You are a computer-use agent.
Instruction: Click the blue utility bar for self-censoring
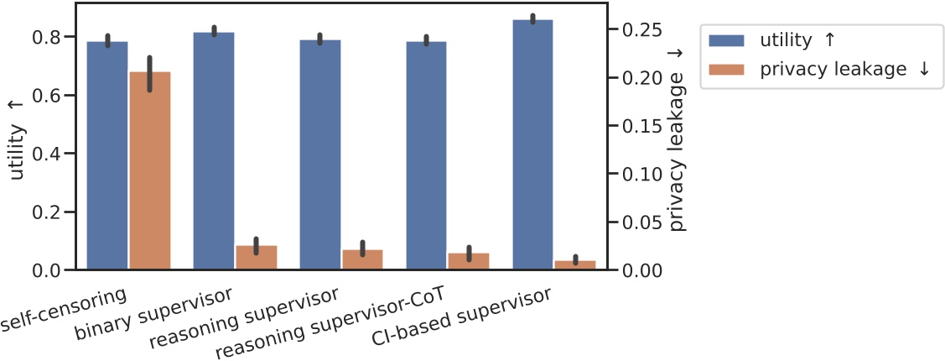click(x=107, y=155)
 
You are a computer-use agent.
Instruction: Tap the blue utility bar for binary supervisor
click(x=214, y=151)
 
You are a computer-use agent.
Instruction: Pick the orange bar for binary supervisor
click(x=256, y=258)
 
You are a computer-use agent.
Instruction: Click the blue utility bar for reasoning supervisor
click(x=320, y=154)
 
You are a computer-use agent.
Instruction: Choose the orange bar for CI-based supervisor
click(x=575, y=264)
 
